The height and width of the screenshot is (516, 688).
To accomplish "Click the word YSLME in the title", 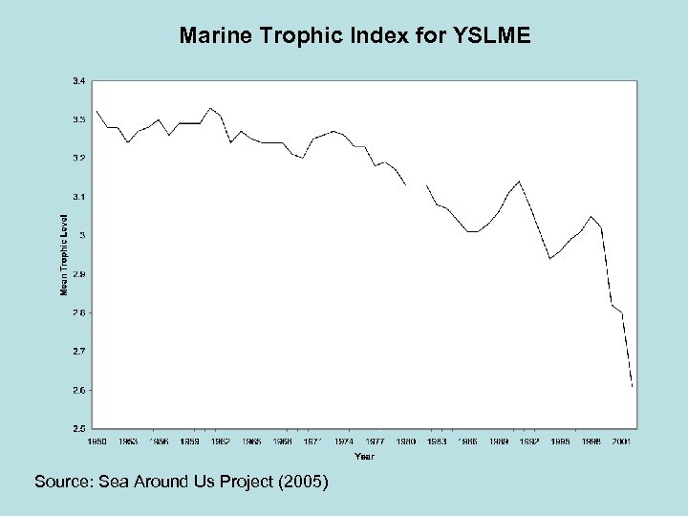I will pyautogui.click(x=494, y=37).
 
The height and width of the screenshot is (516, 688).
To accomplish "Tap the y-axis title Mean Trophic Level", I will pyautogui.click(x=65, y=253).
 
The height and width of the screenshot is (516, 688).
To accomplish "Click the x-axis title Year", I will pyautogui.click(x=364, y=456).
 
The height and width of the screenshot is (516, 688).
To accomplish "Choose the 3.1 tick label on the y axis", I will pyautogui.click(x=78, y=197).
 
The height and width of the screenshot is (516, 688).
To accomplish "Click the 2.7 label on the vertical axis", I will pyautogui.click(x=78, y=352).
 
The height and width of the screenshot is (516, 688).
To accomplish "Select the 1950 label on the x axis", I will pyautogui.click(x=97, y=442).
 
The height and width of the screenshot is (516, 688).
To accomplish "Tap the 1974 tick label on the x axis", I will pyautogui.click(x=344, y=442).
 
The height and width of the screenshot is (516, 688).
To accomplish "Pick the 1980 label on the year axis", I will pyautogui.click(x=405, y=442).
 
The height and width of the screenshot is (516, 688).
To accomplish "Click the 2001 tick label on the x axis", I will pyautogui.click(x=621, y=442).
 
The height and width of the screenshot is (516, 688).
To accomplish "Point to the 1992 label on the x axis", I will pyautogui.click(x=528, y=442).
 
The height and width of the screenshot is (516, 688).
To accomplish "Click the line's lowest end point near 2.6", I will pyautogui.click(x=632, y=386).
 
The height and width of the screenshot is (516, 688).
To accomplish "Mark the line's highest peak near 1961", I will pyautogui.click(x=211, y=108).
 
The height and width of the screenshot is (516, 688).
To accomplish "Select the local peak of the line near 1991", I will pyautogui.click(x=519, y=181).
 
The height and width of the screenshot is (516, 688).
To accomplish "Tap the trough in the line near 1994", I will pyautogui.click(x=549, y=258).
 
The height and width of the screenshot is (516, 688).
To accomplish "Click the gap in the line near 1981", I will pyautogui.click(x=417, y=184).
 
